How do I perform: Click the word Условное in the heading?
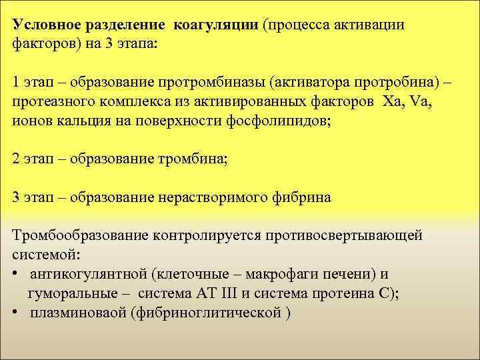coord(46,25)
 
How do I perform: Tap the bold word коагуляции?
coord(216,25)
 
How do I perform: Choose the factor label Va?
coord(421,104)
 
